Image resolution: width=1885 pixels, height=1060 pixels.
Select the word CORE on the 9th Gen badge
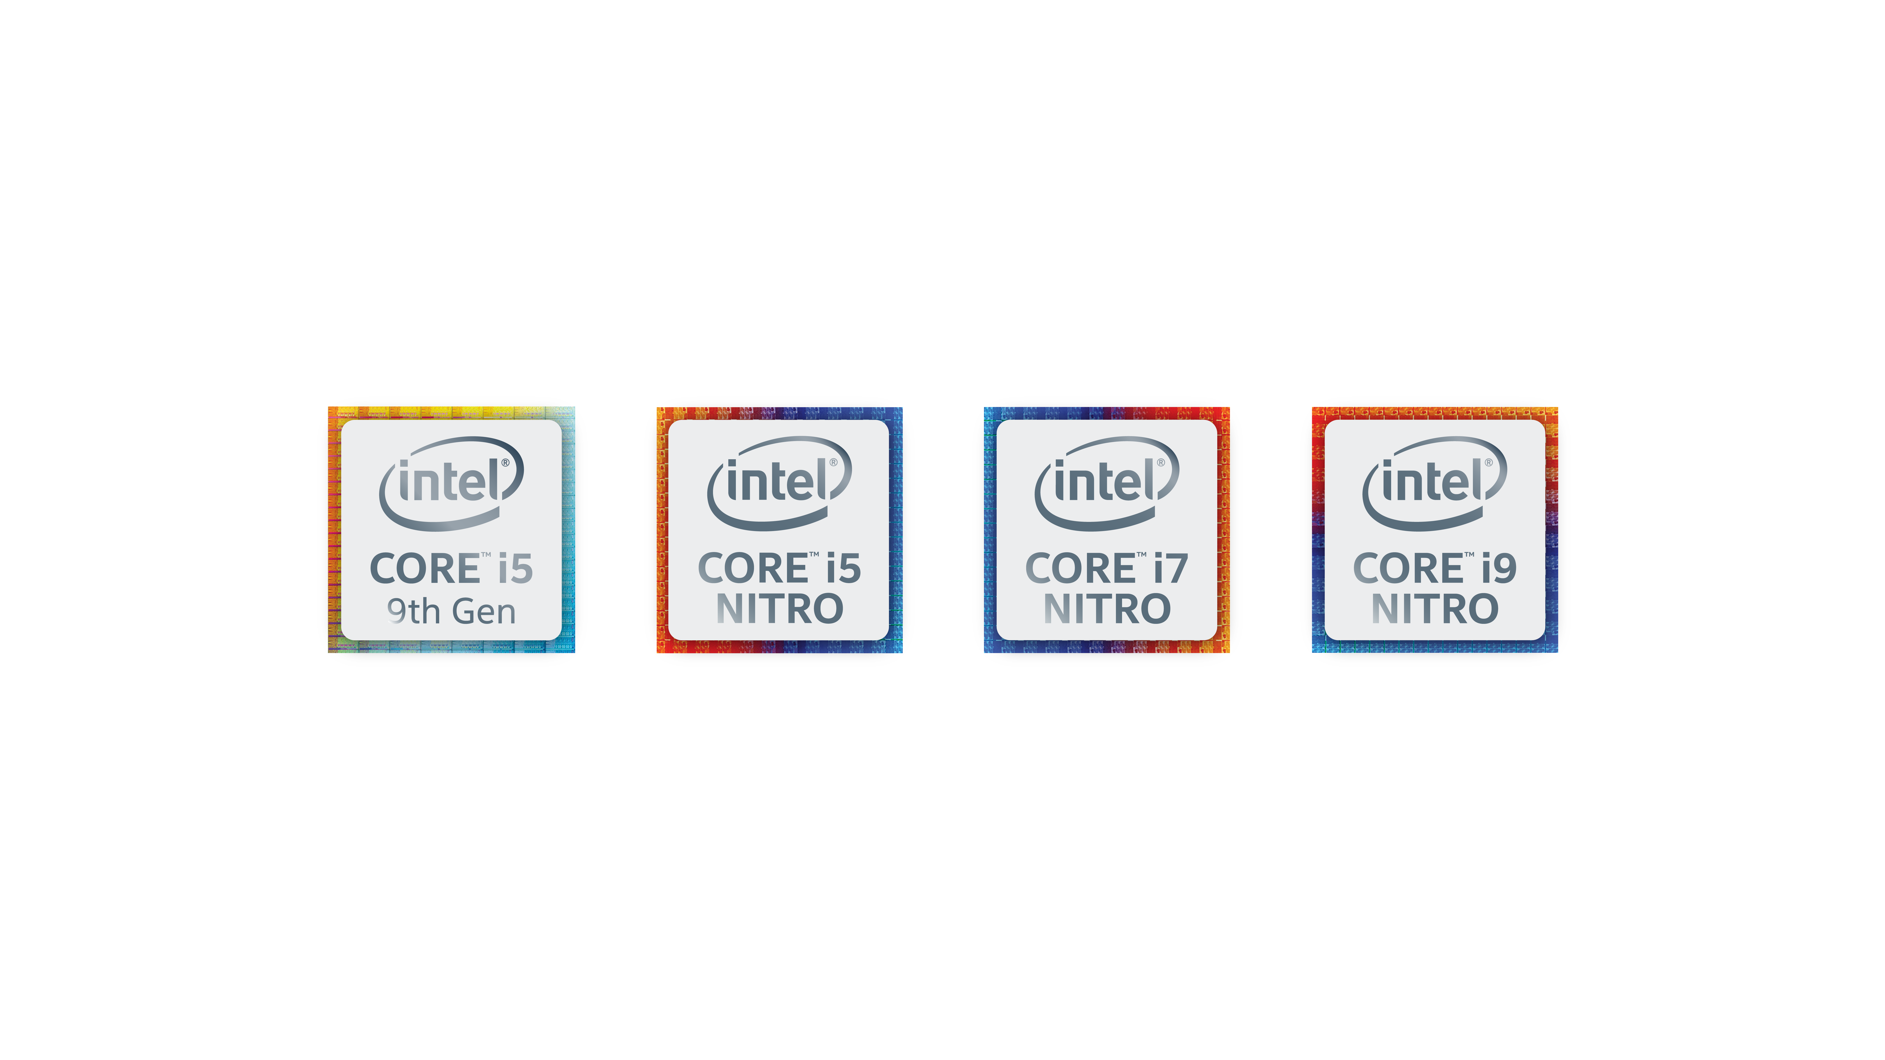(x=424, y=569)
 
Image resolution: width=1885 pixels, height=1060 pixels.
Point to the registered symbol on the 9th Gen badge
(x=505, y=462)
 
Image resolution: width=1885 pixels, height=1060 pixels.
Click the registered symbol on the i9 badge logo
(x=1488, y=462)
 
